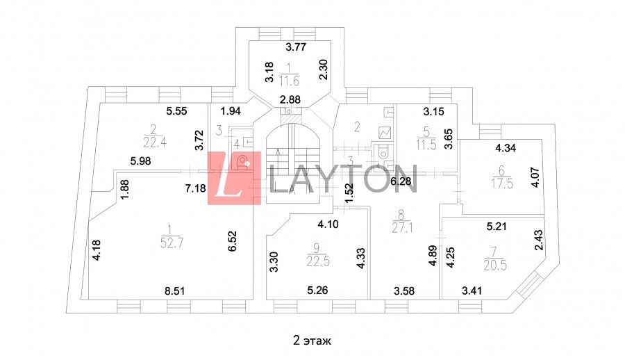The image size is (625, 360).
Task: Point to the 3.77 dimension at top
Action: (297, 48)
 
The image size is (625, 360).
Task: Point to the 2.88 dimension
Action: (290, 100)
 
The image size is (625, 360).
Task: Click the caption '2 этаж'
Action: (312, 341)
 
